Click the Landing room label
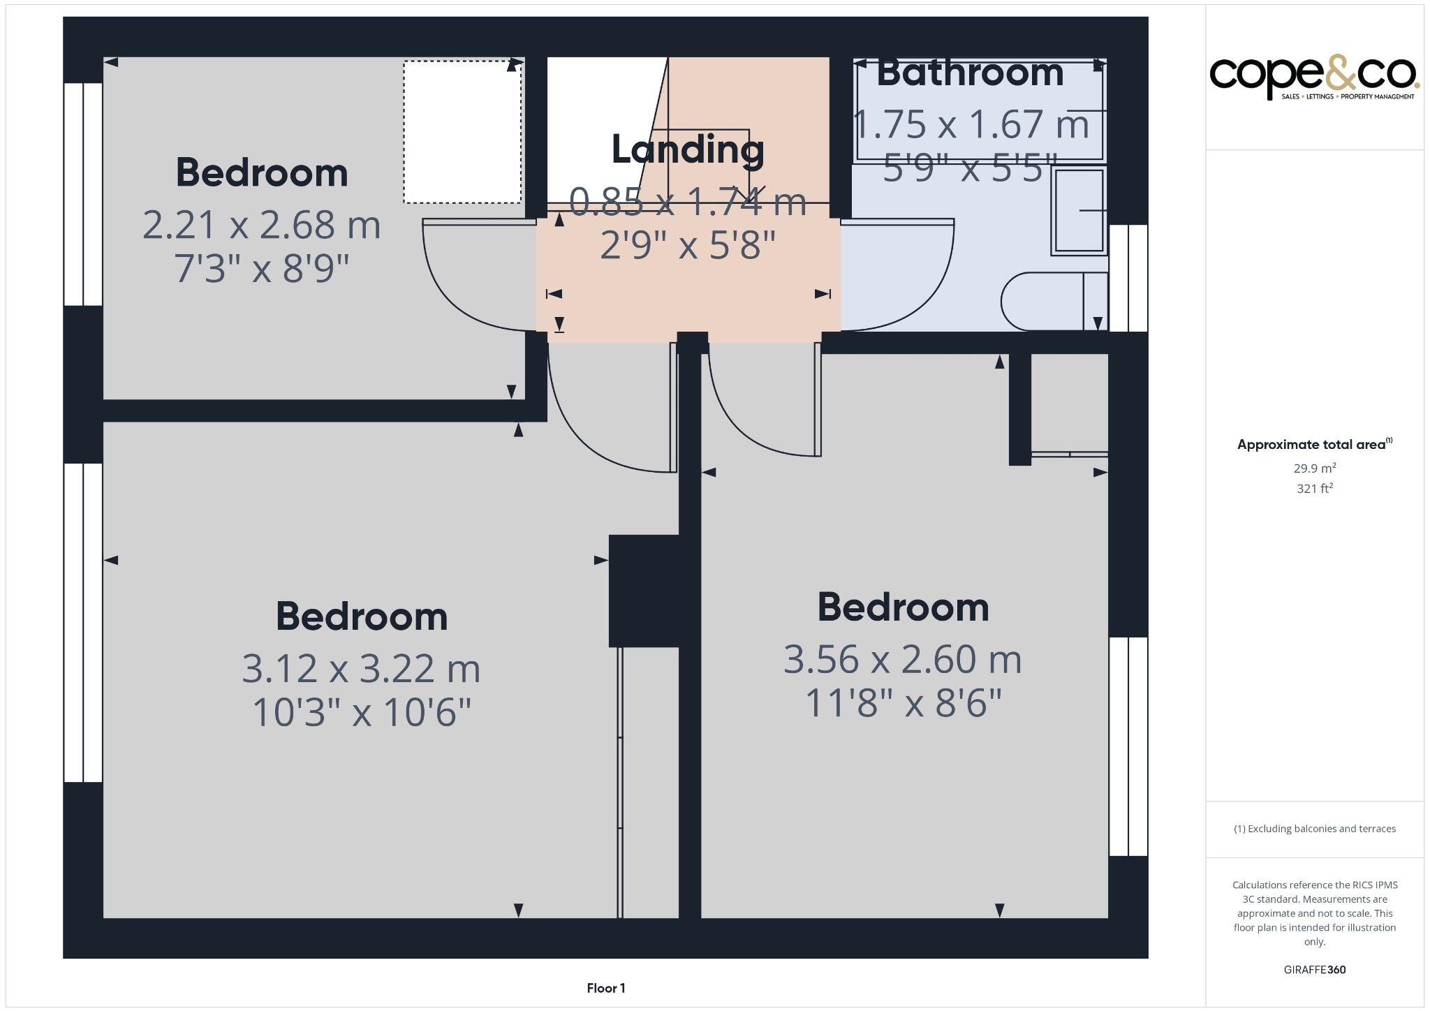pyautogui.click(x=688, y=149)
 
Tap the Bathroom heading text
pyautogui.click(x=970, y=73)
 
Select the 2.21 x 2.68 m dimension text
pyautogui.click(x=261, y=226)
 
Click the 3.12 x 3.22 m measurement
pyautogui.click(x=361, y=669)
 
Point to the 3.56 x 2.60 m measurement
pyautogui.click(x=902, y=659)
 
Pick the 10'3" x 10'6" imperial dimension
pyautogui.click(x=361, y=713)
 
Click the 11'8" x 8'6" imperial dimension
pyautogui.click(x=903, y=703)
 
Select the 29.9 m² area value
pyautogui.click(x=1315, y=468)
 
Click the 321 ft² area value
pyautogui.click(x=1315, y=489)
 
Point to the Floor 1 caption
pyautogui.click(x=605, y=988)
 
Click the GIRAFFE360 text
pyautogui.click(x=1314, y=969)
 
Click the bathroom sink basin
pyautogui.click(x=1079, y=210)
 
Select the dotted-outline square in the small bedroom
pyautogui.click(x=462, y=132)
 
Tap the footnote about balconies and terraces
pyautogui.click(x=1314, y=829)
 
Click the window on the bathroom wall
pyautogui.click(x=1128, y=277)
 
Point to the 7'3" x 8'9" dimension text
pyautogui.click(x=261, y=269)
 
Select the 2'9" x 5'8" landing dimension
pyautogui.click(x=688, y=245)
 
